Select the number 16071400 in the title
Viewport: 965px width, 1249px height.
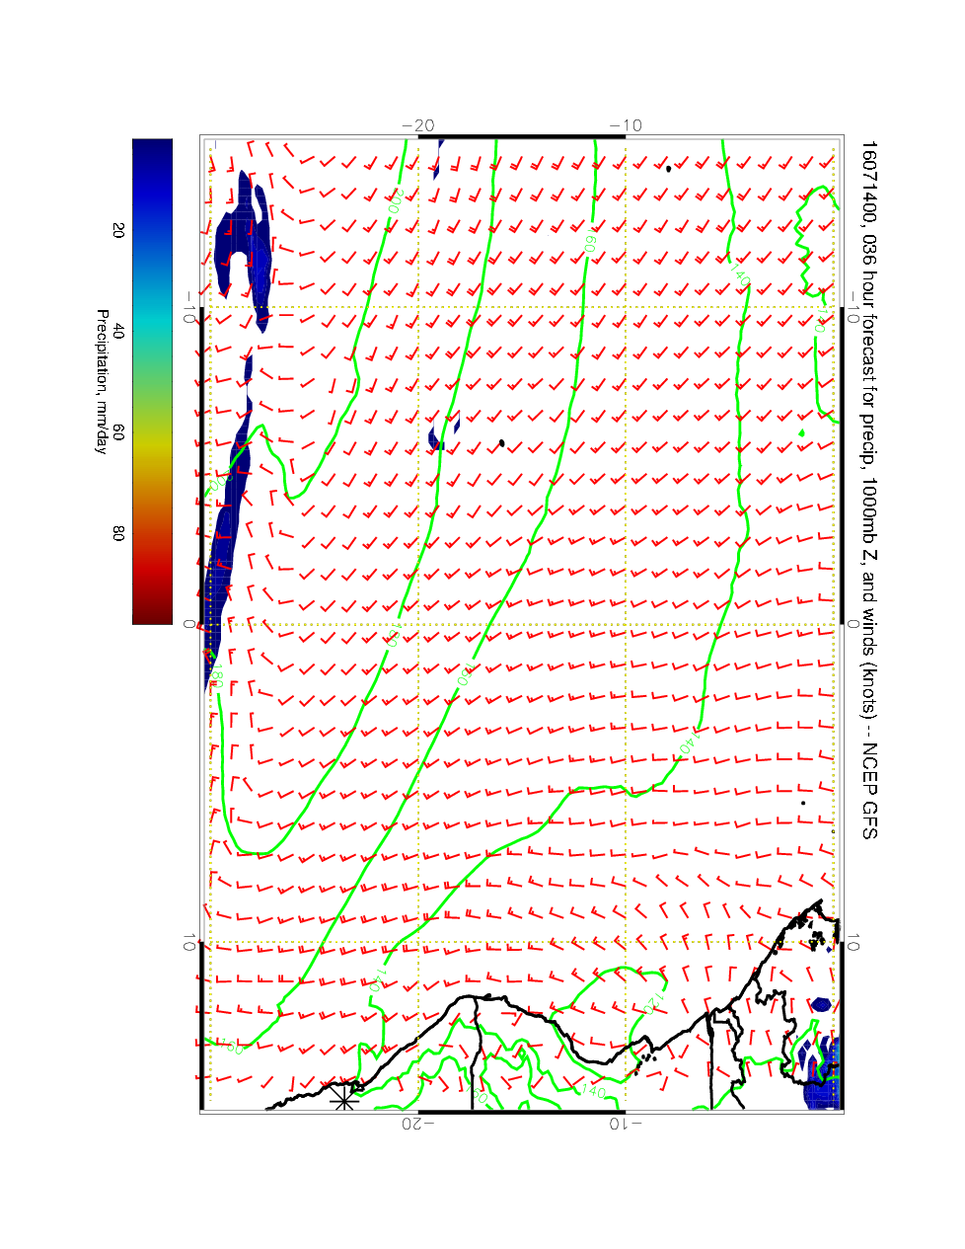(x=868, y=179)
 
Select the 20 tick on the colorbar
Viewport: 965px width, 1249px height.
(x=118, y=230)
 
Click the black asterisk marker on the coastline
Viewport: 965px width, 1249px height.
(x=342, y=1097)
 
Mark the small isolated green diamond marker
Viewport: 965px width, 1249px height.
(x=802, y=432)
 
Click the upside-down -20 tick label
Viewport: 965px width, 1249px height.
(x=418, y=1123)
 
